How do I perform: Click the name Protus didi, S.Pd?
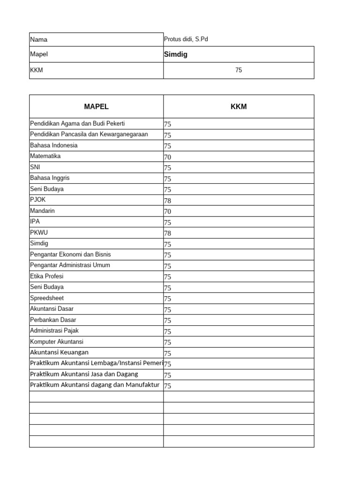pos(186,39)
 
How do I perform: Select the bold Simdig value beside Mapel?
pos(176,54)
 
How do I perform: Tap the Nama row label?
pos(39,40)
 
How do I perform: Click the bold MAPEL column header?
pos(96,106)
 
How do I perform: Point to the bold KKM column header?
pos(239,106)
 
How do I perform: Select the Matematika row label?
pos(45,156)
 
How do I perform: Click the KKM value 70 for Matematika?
pos(167,157)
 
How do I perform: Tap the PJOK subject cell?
pos(38,200)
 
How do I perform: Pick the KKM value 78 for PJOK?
pos(167,201)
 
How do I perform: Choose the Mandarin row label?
pos(42,211)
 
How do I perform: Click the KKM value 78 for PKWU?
pos(167,233)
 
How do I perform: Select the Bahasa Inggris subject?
pos(50,178)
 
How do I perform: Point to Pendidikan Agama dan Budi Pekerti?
pos(77,124)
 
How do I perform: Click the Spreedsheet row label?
pos(47,298)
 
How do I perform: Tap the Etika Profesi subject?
pos(47,276)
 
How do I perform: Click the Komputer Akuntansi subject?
pos(57,342)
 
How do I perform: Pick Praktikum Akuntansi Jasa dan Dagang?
pos(84,374)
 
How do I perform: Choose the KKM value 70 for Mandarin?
pos(167,211)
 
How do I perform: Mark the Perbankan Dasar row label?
pos(53,320)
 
